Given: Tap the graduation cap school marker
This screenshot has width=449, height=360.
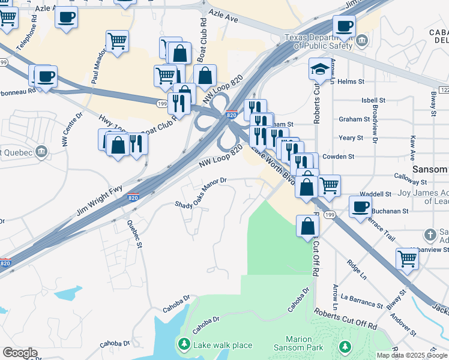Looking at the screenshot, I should coord(320,70).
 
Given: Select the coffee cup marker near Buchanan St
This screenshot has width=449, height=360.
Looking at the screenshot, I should coord(360,206).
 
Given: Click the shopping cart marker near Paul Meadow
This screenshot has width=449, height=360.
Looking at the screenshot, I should coord(116,41).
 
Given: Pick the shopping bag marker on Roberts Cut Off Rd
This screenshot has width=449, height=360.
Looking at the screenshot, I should coord(308,226).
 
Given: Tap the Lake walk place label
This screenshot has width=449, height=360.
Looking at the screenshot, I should coord(222,345).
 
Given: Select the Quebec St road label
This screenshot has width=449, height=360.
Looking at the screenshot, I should coord(134,233).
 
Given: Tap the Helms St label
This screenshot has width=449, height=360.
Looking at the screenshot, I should coord(352,82).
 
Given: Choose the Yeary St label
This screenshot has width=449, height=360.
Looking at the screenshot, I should coord(351,138).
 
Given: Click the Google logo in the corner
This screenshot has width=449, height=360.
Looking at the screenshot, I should coord(20,353).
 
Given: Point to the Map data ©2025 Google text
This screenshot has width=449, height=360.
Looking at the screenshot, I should coord(412,355).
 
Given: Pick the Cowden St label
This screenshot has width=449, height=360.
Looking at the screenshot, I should coord(338,157).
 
